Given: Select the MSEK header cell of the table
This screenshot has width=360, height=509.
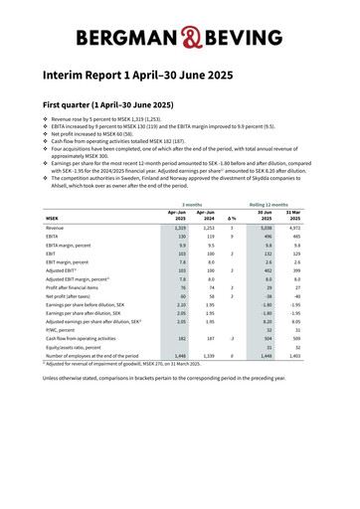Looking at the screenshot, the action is (x=53, y=219).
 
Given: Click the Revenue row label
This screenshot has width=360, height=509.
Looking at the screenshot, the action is (x=55, y=228).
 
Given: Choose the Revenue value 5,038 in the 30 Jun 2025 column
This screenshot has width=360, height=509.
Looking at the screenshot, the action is (x=266, y=228).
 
